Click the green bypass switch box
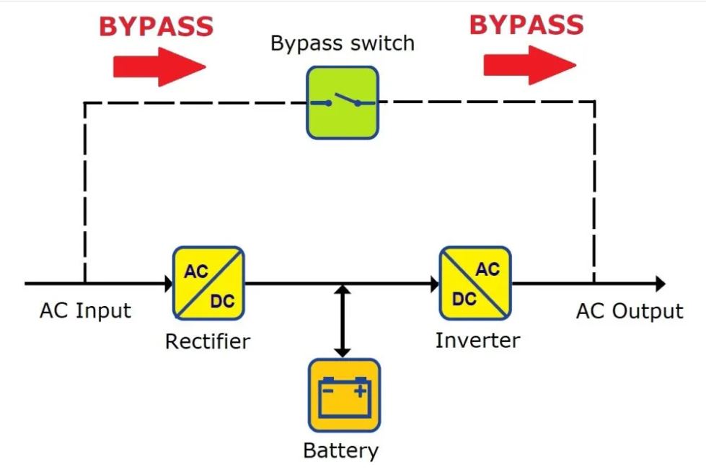(343, 103)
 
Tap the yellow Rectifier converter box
(208, 283)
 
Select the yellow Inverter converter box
(475, 283)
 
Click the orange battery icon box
(344, 396)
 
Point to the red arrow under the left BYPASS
(159, 66)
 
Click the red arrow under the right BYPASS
(530, 65)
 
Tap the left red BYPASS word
(156, 26)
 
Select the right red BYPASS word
(526, 25)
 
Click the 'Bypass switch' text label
(343, 44)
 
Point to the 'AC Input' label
(86, 310)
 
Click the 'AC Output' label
(630, 311)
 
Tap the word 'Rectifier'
(208, 341)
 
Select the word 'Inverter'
(477, 340)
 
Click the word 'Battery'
(341, 450)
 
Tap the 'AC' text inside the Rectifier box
(196, 271)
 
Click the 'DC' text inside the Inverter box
(464, 299)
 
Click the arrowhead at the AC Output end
(661, 284)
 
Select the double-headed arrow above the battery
(343, 321)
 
